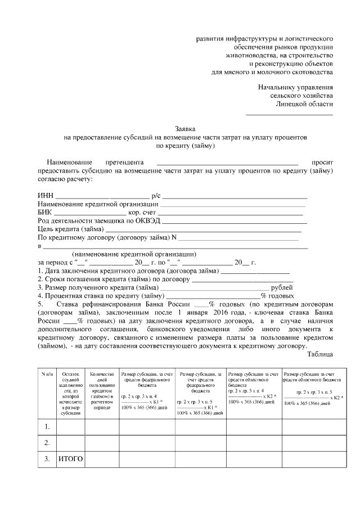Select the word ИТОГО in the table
(x=71, y=459)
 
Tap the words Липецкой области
(x=304, y=104)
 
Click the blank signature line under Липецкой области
(x=290, y=115)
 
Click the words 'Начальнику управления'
(x=295, y=87)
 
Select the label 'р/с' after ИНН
(x=156, y=195)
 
